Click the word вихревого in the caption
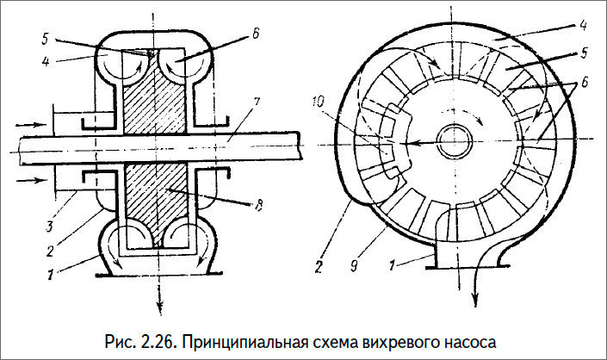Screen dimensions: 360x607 tap(392, 336)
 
